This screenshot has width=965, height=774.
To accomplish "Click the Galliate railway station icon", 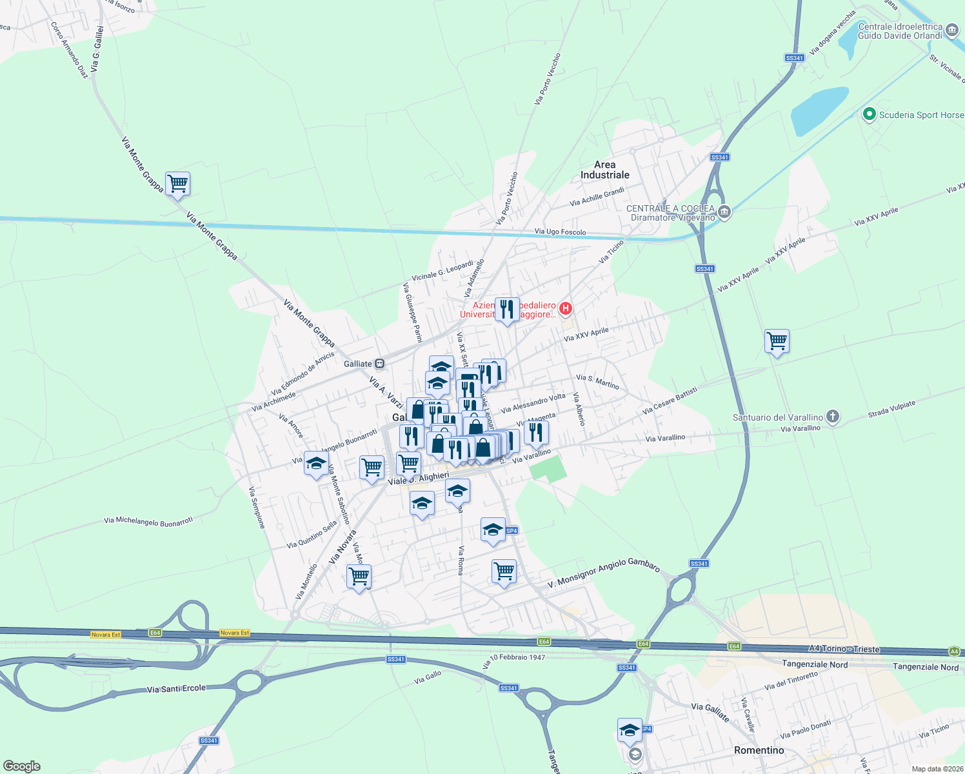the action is pos(380,364).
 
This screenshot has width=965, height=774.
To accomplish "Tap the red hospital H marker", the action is pos(566,308).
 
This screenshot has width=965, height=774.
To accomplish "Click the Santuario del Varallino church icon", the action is pos(833,417).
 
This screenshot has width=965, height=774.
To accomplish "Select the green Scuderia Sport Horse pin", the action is pos(869,115).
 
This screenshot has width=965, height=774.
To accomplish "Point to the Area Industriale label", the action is pos(604,170).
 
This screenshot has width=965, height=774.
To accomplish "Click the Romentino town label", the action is pos(759,750).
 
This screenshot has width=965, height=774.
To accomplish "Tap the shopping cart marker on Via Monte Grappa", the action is pos(177,184).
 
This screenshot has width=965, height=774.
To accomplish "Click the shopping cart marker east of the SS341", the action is pos(777,341).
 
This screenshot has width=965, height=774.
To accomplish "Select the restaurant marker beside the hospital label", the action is pos(507,310).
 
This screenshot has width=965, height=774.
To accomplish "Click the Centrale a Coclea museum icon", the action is pos(724,212).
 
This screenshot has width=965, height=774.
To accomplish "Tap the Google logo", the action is pos(21,766).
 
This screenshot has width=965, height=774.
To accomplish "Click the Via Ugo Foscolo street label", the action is pos(560,232).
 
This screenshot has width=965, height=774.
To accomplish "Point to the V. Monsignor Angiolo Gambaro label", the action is pos(604,575).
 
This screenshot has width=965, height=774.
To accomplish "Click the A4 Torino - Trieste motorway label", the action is pos(844,649).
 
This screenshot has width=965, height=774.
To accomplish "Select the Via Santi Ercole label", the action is pos(176,689).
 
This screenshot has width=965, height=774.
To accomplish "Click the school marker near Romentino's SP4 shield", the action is pos(630,731).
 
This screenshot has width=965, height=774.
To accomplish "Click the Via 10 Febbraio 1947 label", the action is pos(514,660).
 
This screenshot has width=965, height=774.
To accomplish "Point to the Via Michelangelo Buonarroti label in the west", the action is pos(148,521).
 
